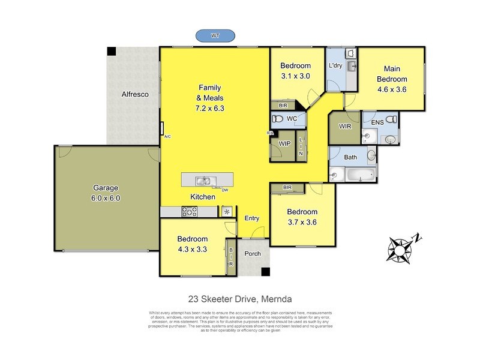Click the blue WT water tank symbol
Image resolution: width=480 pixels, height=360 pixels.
click(214, 36)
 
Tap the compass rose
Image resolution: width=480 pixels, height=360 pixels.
click(401, 247)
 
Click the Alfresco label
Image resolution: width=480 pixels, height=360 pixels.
click(135, 95)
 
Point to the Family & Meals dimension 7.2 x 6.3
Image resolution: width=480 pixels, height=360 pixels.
click(209, 109)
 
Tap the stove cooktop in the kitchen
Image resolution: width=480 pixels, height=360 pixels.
click(190, 211)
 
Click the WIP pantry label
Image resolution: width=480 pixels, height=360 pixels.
click(284, 143)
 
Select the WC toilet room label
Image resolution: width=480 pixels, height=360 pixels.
click(292, 119)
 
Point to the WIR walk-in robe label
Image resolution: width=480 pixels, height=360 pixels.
click(345, 126)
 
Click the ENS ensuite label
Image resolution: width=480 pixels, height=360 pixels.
click(377, 123)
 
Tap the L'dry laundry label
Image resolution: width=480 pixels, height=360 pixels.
click(335, 66)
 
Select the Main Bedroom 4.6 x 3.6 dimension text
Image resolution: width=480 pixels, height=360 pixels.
click(392, 90)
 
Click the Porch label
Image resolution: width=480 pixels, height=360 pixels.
click(253, 253)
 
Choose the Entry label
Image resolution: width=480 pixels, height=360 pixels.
click(252, 218)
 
